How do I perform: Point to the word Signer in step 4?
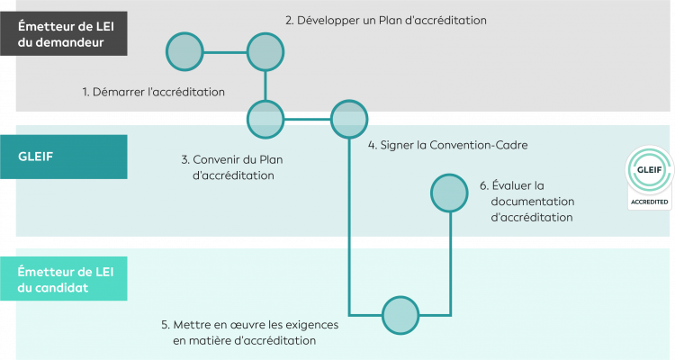click(399, 145)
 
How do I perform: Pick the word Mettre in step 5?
click(193, 324)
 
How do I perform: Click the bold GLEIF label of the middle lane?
click(36, 155)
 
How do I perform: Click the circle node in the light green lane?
click(400, 314)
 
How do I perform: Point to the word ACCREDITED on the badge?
click(649, 203)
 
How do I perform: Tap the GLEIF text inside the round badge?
click(649, 168)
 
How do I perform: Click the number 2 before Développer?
click(289, 20)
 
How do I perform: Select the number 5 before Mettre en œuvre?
click(165, 324)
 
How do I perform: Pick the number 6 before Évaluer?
click(483, 185)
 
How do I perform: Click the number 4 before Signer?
click(371, 145)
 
